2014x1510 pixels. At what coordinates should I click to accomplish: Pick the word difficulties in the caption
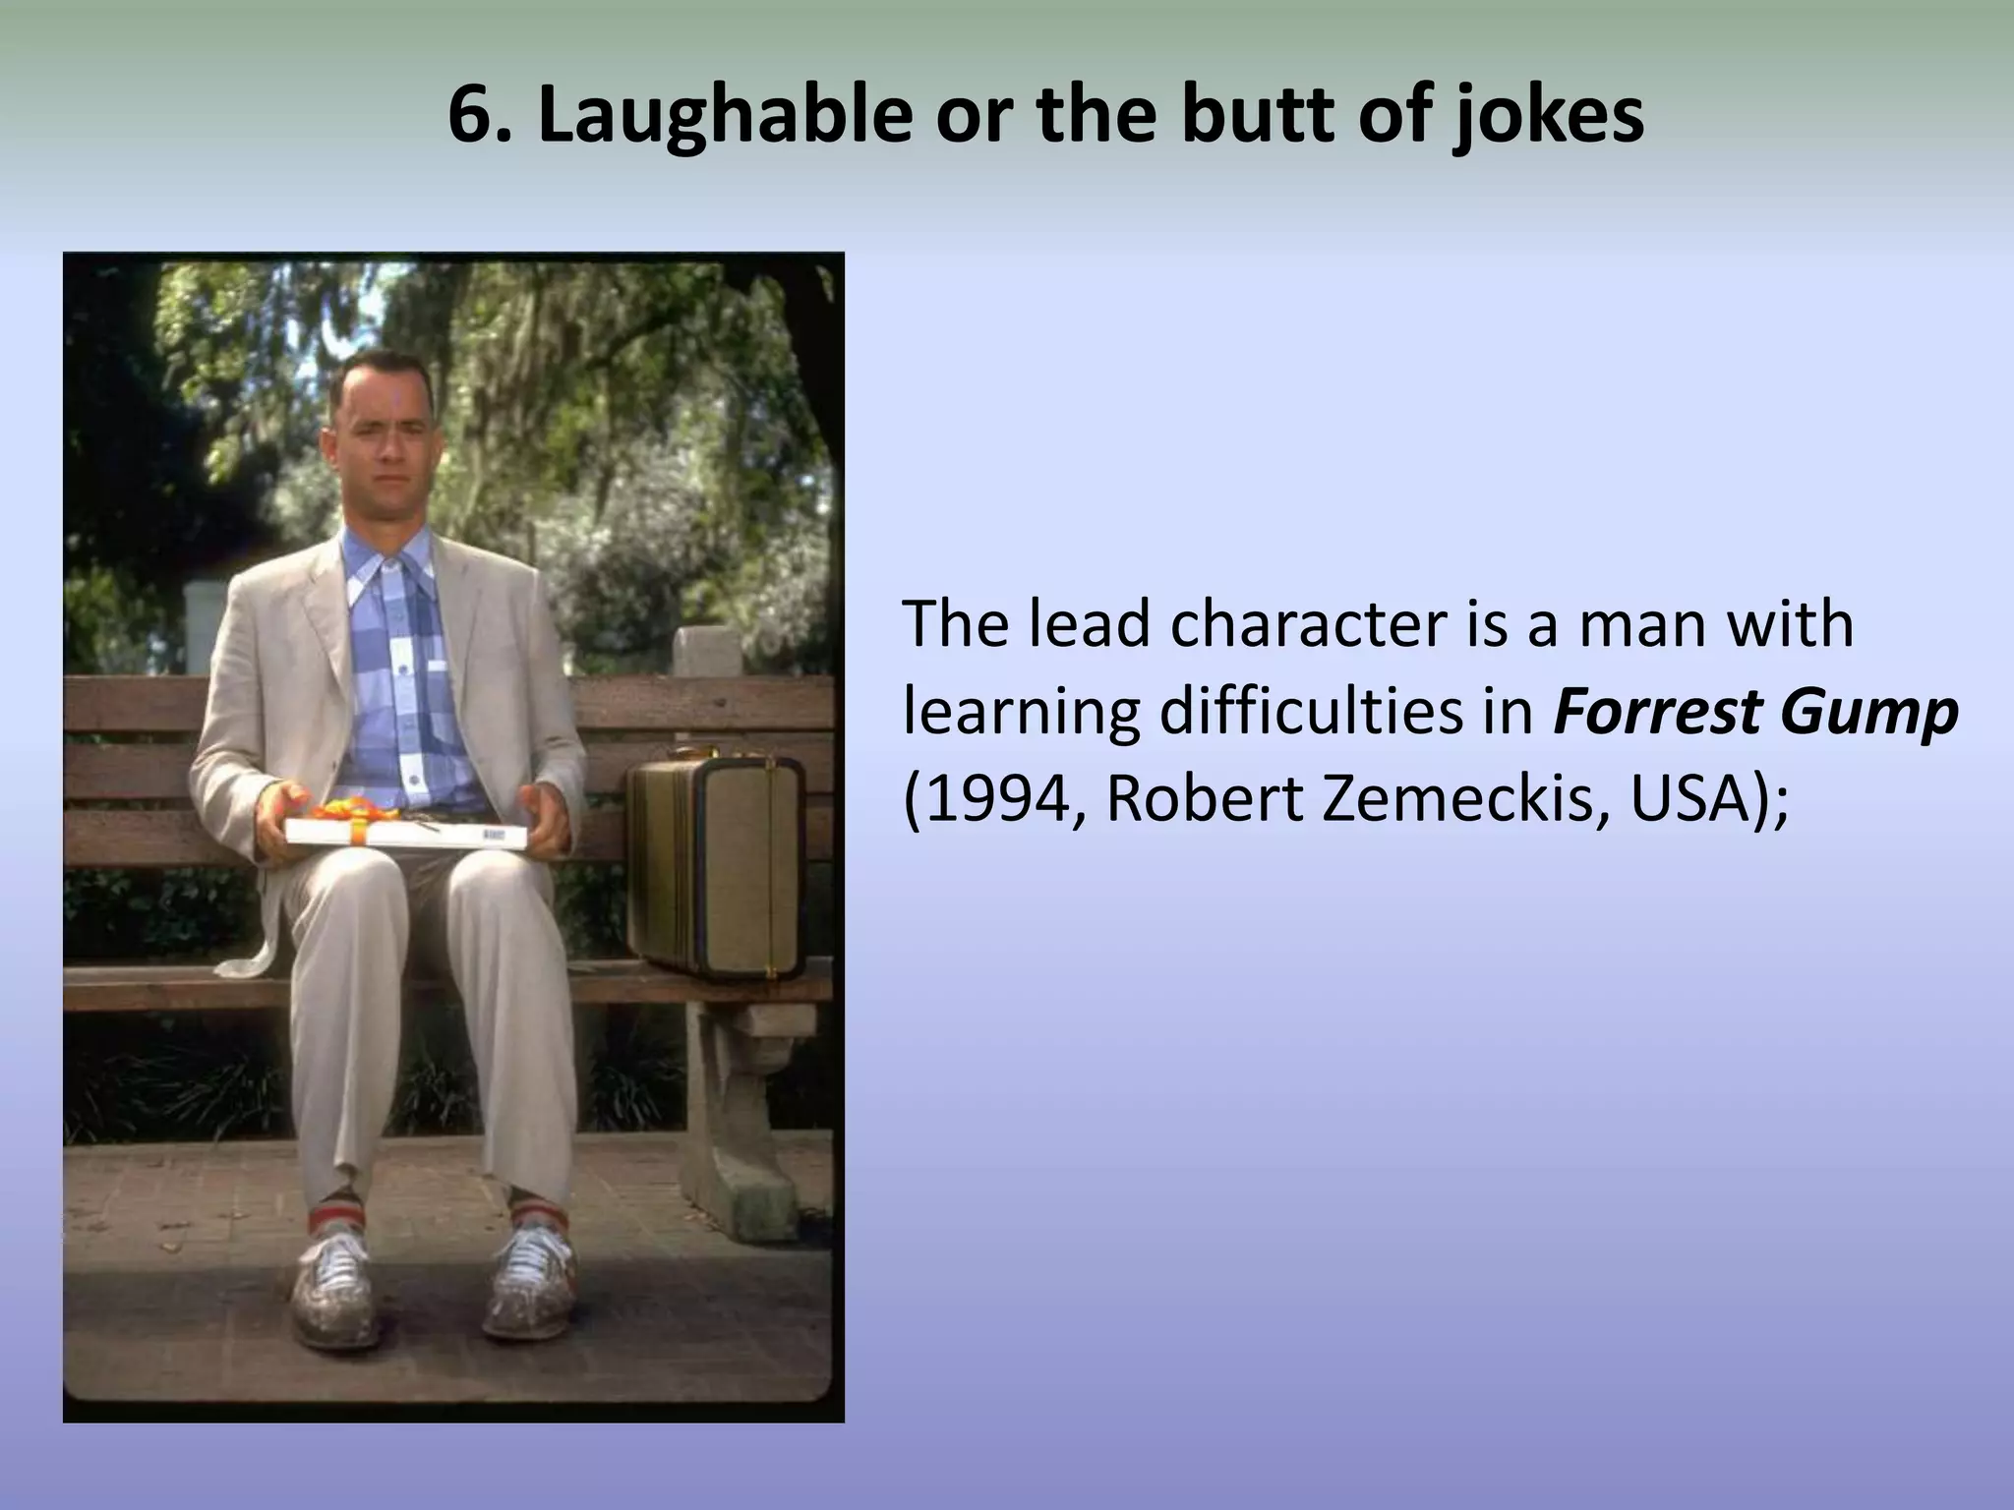(1343, 713)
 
